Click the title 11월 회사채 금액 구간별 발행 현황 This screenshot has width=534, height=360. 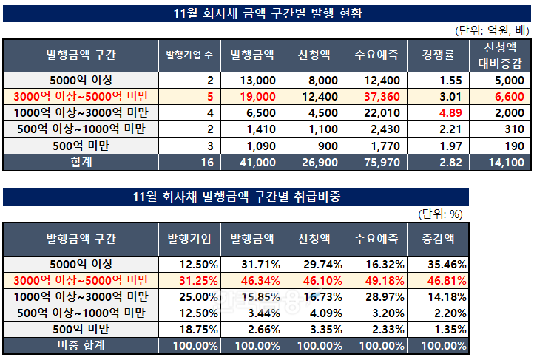[x=267, y=13]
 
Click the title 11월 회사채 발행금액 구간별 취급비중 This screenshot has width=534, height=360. [x=236, y=196]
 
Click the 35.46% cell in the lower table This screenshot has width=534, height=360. [x=446, y=264]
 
